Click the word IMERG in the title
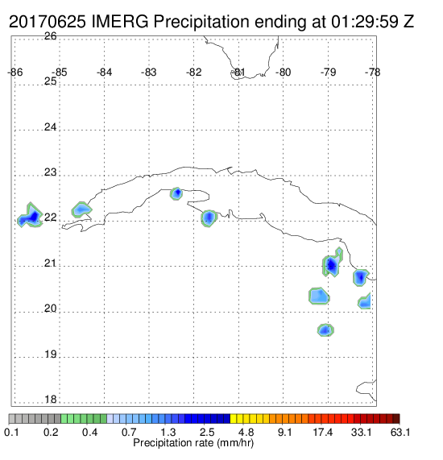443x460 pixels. [x=120, y=22]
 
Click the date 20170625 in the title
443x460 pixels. [x=48, y=22]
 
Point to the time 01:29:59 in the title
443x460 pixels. [x=365, y=22]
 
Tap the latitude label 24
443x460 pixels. [x=51, y=127]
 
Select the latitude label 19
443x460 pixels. [x=51, y=354]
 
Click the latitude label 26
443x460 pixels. [x=51, y=36]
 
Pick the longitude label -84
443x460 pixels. [x=104, y=73]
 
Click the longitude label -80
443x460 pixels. [x=283, y=73]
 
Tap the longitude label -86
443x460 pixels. [x=15, y=73]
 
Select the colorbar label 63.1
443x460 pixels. [x=400, y=432]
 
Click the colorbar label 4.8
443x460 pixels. [x=246, y=432]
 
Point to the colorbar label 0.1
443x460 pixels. [x=11, y=432]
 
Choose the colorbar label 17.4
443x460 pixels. [x=323, y=432]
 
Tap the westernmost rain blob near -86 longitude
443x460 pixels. [x=31, y=216]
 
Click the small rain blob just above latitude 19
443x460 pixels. [x=325, y=330]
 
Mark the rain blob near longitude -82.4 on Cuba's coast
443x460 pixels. [x=176, y=193]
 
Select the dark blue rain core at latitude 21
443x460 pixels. [x=331, y=266]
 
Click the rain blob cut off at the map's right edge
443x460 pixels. [x=365, y=301]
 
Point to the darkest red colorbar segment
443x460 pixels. [x=396, y=419]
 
